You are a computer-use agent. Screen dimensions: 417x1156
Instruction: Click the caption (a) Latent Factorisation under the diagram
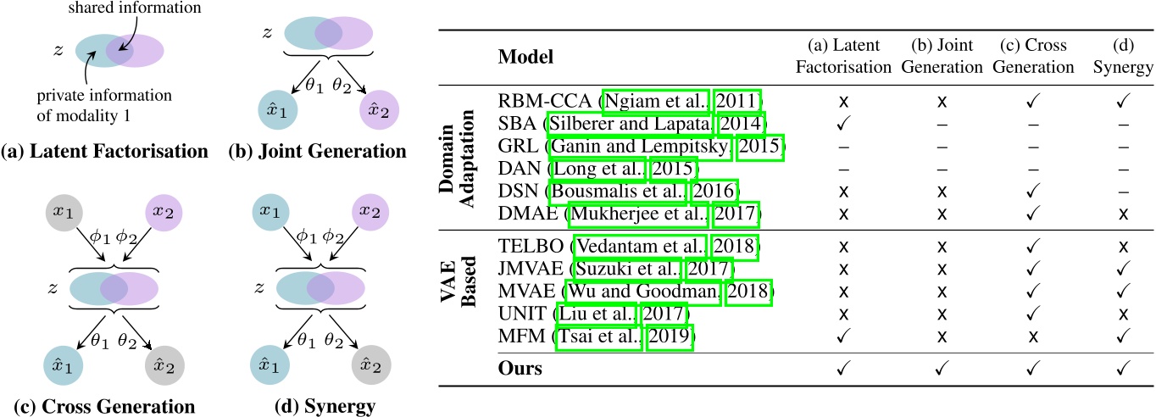[104, 153]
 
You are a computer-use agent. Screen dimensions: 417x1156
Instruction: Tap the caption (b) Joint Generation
[318, 153]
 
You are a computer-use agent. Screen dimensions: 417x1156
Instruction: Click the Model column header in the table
[525, 58]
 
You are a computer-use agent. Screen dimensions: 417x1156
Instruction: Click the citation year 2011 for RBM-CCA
[736, 99]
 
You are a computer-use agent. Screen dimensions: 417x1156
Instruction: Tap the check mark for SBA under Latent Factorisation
[843, 123]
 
